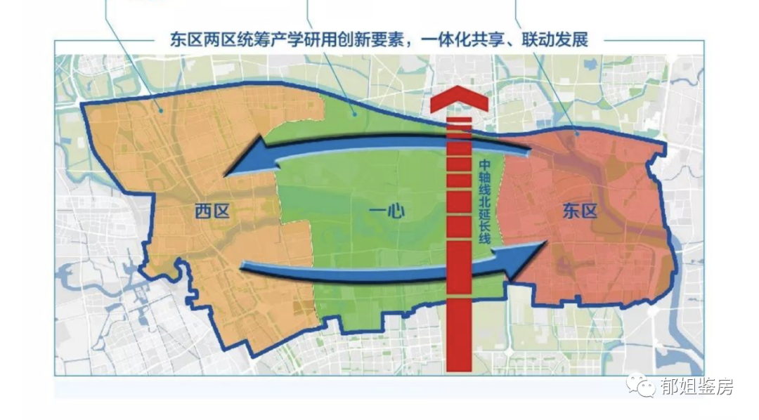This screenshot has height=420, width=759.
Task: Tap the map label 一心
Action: coord(387,210)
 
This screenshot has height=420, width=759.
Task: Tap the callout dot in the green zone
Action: coord(355,112)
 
